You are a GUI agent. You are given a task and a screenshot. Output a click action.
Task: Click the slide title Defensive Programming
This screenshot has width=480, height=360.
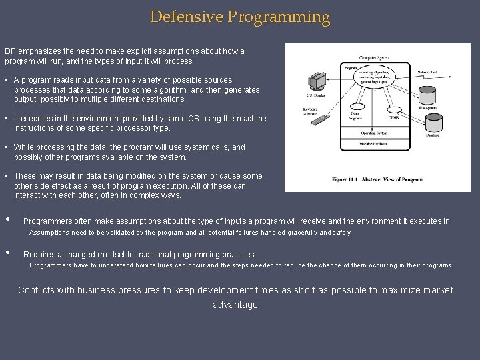point(240,17)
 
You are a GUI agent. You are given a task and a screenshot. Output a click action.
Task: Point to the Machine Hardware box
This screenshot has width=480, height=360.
point(378,144)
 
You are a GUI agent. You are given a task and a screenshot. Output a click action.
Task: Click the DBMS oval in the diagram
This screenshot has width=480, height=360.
point(393,118)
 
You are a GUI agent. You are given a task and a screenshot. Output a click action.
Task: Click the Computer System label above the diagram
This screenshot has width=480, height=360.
point(377,57)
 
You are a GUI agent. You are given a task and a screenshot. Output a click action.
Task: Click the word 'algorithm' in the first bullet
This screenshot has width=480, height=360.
point(193,89)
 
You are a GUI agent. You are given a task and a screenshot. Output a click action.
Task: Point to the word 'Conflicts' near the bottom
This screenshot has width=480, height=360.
point(37,291)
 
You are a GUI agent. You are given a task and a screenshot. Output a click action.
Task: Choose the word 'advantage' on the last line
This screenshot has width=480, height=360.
point(235,305)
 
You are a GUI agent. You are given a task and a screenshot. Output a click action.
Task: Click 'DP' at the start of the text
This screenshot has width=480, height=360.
point(10,51)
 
